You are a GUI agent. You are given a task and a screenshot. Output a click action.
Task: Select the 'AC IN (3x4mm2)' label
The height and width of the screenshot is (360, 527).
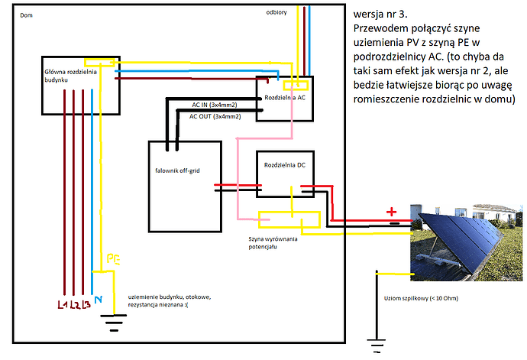pyautogui.click(x=214, y=105)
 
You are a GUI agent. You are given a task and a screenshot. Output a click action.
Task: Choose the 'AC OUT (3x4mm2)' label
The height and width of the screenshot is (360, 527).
pyautogui.click(x=215, y=116)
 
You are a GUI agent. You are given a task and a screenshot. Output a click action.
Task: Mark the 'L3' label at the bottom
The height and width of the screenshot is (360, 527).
pyautogui.click(x=86, y=306)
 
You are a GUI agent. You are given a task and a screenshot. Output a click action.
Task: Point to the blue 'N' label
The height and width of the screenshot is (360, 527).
pyautogui.click(x=96, y=301)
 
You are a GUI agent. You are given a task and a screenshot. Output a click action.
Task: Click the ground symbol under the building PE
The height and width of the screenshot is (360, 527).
pyautogui.click(x=114, y=322)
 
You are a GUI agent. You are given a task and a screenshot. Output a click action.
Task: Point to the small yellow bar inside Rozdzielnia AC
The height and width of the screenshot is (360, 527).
pyautogui.click(x=295, y=86)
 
